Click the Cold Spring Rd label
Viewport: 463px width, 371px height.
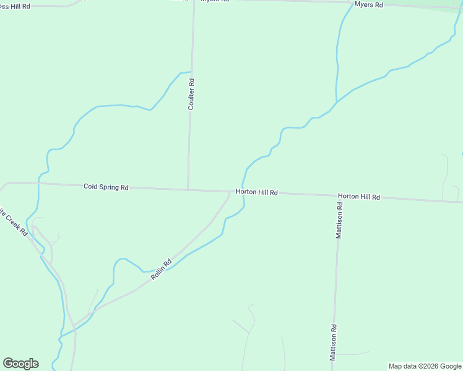click(x=106, y=187)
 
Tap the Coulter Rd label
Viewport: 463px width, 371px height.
click(x=192, y=95)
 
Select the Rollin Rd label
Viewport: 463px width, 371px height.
click(x=160, y=270)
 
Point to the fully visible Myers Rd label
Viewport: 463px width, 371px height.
click(x=369, y=4)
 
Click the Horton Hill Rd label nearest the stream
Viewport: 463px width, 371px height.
click(x=257, y=192)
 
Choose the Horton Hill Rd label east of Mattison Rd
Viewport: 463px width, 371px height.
click(x=358, y=197)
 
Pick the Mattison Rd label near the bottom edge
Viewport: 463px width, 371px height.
click(x=333, y=343)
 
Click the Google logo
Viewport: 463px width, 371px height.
click(x=20, y=364)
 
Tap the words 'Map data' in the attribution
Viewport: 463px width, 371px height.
click(x=403, y=366)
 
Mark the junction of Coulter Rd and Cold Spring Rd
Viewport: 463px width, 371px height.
click(x=188, y=190)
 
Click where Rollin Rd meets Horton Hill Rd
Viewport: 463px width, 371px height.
click(x=230, y=192)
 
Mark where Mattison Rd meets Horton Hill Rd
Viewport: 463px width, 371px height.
click(x=339, y=196)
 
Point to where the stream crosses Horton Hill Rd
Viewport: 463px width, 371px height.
click(x=241, y=192)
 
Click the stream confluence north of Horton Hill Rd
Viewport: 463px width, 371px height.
click(x=336, y=102)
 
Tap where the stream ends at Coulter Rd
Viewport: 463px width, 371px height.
click(x=191, y=72)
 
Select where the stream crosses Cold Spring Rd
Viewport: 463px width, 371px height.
click(x=38, y=183)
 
